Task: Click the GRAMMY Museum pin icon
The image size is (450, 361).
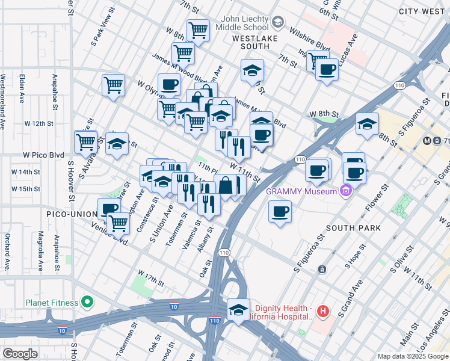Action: pos(345,192)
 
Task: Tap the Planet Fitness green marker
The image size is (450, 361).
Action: pos(87,301)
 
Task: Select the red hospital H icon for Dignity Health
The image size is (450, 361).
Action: pos(323,311)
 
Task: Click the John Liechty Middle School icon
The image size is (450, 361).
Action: pos(277,23)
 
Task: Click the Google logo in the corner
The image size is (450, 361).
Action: pos(20,354)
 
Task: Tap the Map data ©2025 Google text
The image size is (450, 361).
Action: pos(412,356)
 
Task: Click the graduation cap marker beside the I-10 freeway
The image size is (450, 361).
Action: pos(238,309)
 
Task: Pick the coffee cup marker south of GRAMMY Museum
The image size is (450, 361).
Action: pos(280,212)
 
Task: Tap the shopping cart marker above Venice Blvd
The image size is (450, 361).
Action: pos(119,223)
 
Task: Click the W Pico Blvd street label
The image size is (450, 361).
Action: pos(43,155)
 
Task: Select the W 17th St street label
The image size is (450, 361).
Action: pos(150,279)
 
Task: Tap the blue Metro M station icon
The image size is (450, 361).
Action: pos(427,141)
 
